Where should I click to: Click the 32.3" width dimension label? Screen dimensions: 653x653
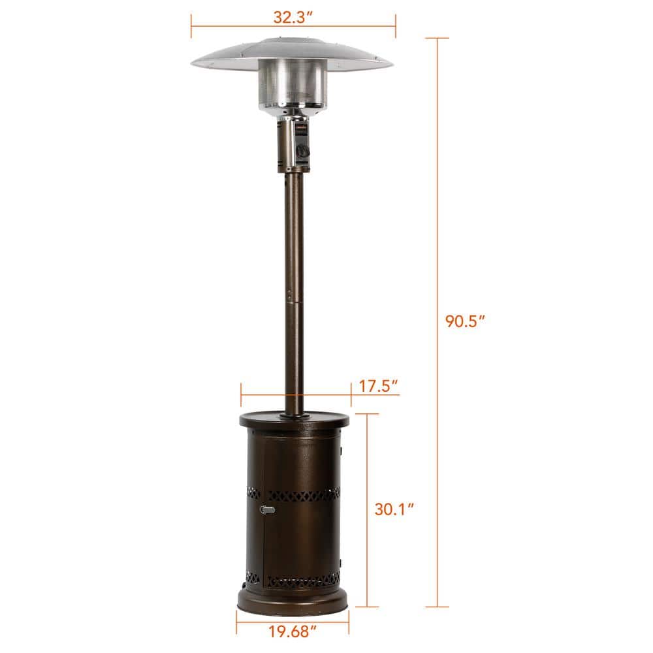coord(293,17)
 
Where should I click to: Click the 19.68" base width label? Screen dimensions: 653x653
coord(293,632)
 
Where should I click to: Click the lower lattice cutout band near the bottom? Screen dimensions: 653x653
coord(294,580)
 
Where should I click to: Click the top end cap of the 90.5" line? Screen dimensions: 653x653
coord(437,39)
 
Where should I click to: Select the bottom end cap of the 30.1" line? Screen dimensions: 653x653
coord(368,607)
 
